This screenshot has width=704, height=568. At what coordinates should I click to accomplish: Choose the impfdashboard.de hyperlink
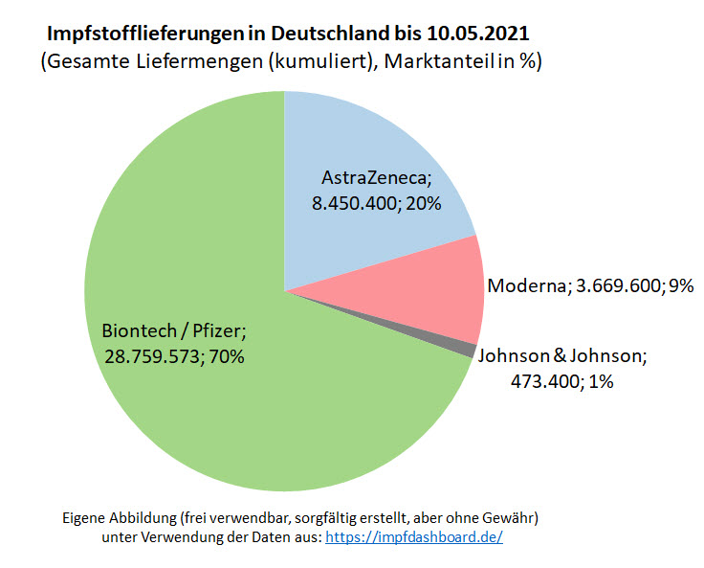coord(414,537)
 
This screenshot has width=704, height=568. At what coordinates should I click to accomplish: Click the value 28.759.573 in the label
coord(155,357)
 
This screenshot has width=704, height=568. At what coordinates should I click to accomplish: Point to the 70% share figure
coord(228,357)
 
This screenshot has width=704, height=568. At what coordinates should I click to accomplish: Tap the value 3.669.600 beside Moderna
coord(619,285)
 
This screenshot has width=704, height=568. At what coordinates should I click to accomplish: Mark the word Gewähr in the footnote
coord(512,517)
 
